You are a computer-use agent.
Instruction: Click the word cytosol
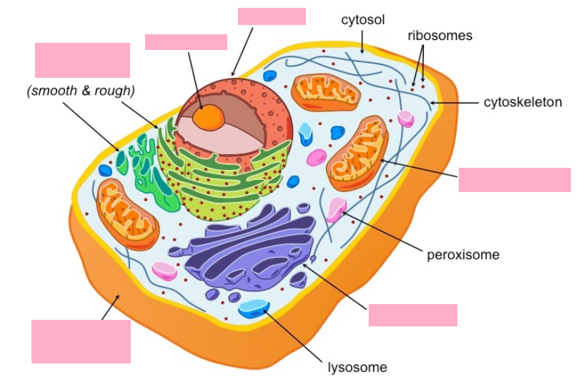pyautogui.click(x=362, y=20)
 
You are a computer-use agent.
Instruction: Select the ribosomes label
pyautogui.click(x=440, y=36)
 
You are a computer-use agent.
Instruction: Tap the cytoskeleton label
pyautogui.click(x=523, y=102)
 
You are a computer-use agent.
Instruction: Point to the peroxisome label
pyautogui.click(x=463, y=255)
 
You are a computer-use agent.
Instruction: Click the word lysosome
pyautogui.click(x=357, y=367)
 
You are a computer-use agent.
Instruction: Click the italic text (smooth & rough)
pyautogui.click(x=81, y=91)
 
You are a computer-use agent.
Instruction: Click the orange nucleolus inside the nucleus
pyautogui.click(x=209, y=117)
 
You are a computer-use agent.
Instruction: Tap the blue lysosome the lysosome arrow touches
pyautogui.click(x=254, y=308)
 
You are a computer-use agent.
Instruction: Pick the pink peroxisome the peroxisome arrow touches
pyautogui.click(x=337, y=208)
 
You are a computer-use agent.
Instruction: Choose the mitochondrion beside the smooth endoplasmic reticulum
pyautogui.click(x=127, y=214)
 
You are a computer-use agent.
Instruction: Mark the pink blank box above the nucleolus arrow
pyautogui.click(x=186, y=42)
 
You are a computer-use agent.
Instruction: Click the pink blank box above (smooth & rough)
pyautogui.click(x=83, y=60)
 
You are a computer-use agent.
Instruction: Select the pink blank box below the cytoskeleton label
pyautogui.click(x=515, y=180)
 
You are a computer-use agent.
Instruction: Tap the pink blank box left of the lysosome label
pyautogui.click(x=81, y=341)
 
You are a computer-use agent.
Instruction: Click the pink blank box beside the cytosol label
pyautogui.click(x=272, y=16)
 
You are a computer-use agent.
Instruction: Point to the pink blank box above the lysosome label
pyautogui.click(x=413, y=316)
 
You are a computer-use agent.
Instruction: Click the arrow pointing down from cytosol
pyautogui.click(x=362, y=42)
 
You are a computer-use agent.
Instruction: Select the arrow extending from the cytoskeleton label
pyautogui.click(x=454, y=102)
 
